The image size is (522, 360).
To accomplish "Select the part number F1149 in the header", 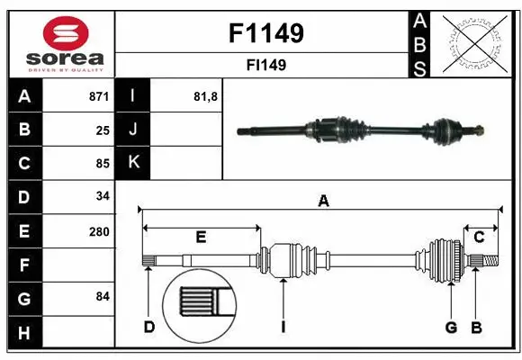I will pos(265,33).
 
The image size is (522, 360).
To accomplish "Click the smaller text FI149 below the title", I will pos(266,65).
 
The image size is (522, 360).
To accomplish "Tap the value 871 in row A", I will pos(98,96).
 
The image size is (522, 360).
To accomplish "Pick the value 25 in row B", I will pos(102,130).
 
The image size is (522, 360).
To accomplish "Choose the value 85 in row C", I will pos(102,164).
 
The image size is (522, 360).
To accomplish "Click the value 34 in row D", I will pos(102,196).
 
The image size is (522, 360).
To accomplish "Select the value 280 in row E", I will pos(98,231).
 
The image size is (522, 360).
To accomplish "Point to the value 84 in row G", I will pos(102,296).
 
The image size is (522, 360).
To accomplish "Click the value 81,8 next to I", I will pos(206,96).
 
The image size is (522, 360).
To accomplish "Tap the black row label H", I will pos(24,334).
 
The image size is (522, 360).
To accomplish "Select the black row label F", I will pos(24,265).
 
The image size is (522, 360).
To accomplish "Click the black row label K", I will pos(133,163).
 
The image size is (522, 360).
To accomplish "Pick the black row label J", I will pos(133,130).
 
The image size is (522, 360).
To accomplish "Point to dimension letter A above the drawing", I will pos(323,202).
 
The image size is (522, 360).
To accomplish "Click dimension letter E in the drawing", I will pos(201,237).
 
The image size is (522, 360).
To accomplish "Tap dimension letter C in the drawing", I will pos(479,237).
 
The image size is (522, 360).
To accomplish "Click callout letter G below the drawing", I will pos(451,327).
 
